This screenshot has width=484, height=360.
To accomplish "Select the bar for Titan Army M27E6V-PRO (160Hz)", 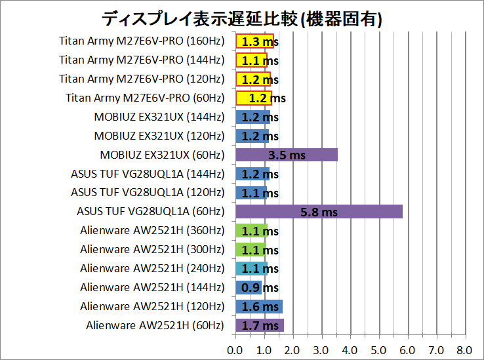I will [x=254, y=41].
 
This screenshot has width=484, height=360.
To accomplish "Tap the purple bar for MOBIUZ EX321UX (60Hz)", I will [x=286, y=155].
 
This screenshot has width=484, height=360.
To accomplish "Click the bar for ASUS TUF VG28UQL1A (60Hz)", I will [x=318, y=212].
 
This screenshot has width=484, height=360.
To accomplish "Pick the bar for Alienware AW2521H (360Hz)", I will [x=251, y=231].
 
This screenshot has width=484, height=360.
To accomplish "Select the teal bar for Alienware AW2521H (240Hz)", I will [x=251, y=269].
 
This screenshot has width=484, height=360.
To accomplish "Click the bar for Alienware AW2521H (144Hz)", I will [x=248, y=287].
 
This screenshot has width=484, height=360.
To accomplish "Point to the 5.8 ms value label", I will [x=319, y=212].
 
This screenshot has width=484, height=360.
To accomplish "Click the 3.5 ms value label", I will [x=286, y=155].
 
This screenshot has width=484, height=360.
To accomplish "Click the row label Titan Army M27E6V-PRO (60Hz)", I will [x=145, y=98].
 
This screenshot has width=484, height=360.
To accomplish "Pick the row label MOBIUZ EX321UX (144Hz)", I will [x=159, y=117].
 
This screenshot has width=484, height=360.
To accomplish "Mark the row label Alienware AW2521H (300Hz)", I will [x=152, y=250].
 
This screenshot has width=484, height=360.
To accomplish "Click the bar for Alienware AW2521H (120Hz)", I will [x=258, y=306].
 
